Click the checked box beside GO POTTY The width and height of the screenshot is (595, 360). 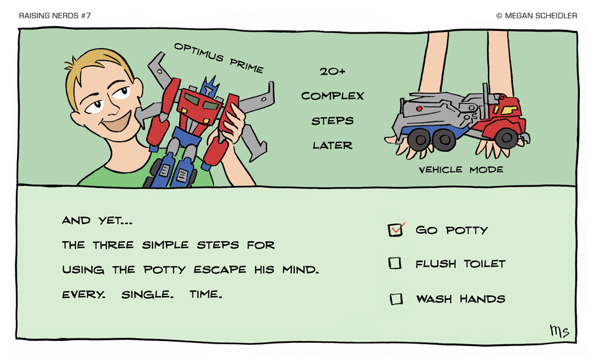(x=395, y=230)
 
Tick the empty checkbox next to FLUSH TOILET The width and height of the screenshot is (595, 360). (x=394, y=263)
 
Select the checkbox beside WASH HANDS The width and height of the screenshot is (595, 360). (x=396, y=299)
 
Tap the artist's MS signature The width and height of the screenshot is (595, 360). (x=560, y=331)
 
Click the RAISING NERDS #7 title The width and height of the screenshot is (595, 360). (x=54, y=16)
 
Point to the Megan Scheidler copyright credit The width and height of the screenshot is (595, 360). (x=537, y=16)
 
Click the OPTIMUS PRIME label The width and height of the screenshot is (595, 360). (x=218, y=58)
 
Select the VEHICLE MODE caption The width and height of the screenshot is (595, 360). (x=461, y=170)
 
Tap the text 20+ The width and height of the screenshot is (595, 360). (x=332, y=71)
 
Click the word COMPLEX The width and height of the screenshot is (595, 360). (x=332, y=96)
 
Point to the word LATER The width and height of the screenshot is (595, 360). (x=332, y=146)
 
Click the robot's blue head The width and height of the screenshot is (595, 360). (x=209, y=86)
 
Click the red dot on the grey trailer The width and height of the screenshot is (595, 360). (x=419, y=109)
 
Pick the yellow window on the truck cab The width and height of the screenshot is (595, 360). (x=508, y=109)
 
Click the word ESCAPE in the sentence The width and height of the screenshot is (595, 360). (x=220, y=270)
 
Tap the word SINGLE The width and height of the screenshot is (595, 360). (x=147, y=294)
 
